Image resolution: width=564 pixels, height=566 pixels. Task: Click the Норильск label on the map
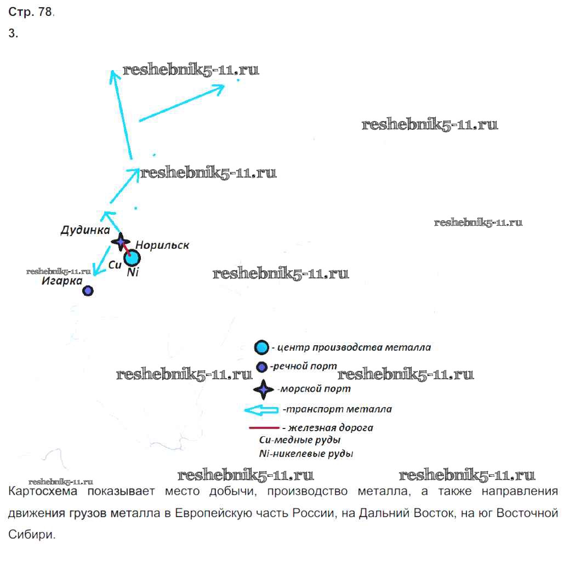click(x=162, y=245)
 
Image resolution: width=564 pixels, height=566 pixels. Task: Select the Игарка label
click(x=60, y=282)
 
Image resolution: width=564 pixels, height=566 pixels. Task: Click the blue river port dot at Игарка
click(x=88, y=290)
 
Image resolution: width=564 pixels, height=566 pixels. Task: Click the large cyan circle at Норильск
click(x=132, y=257)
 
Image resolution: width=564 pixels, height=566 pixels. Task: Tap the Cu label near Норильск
click(x=115, y=264)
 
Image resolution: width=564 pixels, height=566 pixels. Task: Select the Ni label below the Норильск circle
click(x=132, y=272)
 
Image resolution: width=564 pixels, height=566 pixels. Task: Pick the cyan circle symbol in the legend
click(x=262, y=347)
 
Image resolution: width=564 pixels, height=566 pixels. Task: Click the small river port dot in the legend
click(x=262, y=367)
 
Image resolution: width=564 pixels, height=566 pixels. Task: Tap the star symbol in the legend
click(x=263, y=389)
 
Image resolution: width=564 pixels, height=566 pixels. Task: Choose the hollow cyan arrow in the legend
click(x=261, y=409)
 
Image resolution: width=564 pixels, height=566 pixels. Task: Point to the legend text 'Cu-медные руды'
click(x=301, y=439)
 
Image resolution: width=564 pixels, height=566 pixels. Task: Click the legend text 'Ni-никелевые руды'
click(x=306, y=454)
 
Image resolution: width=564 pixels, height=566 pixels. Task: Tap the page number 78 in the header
click(x=45, y=13)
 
